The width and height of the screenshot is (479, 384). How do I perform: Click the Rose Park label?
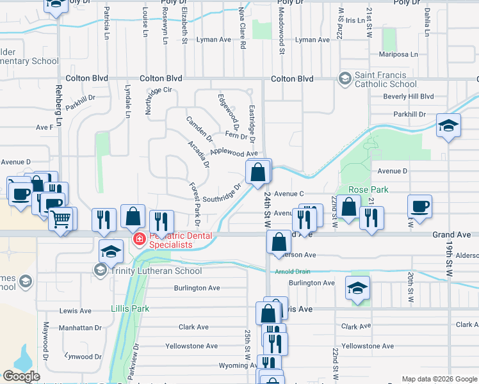(369, 190)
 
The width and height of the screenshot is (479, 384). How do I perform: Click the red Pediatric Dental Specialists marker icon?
(138, 239)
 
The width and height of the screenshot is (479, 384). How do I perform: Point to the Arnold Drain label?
(293, 271)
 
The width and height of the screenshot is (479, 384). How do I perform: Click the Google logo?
(21, 376)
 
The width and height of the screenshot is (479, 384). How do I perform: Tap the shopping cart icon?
(61, 221)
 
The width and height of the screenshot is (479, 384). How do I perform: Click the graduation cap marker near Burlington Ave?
(357, 289)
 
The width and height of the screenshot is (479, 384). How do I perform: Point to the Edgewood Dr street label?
(228, 109)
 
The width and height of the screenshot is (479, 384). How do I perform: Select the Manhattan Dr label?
(80, 328)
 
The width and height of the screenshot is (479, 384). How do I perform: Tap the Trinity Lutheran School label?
(156, 271)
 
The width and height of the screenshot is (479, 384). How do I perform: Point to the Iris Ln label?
(354, 20)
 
